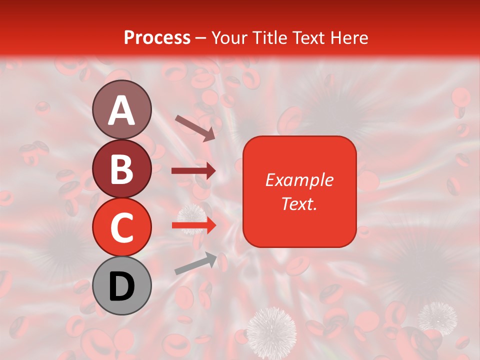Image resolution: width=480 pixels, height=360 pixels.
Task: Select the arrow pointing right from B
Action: pyautogui.click(x=193, y=171)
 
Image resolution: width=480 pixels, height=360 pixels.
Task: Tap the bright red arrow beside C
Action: pyautogui.click(x=193, y=225)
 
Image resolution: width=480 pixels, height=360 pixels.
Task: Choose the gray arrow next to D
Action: pyautogui.click(x=195, y=264)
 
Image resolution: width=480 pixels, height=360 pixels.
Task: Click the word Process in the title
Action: pyautogui.click(x=157, y=37)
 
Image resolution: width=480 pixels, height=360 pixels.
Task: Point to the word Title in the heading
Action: pyautogui.click(x=270, y=37)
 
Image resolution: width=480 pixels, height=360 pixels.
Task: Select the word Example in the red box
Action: pyautogui.click(x=299, y=180)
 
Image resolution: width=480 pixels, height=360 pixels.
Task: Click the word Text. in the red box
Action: pyautogui.click(x=299, y=203)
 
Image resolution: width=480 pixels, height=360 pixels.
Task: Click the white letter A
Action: pyautogui.click(x=122, y=110)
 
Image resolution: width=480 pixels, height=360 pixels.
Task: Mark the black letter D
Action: pyautogui.click(x=122, y=287)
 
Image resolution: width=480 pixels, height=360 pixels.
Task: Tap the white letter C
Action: pyautogui.click(x=122, y=228)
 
